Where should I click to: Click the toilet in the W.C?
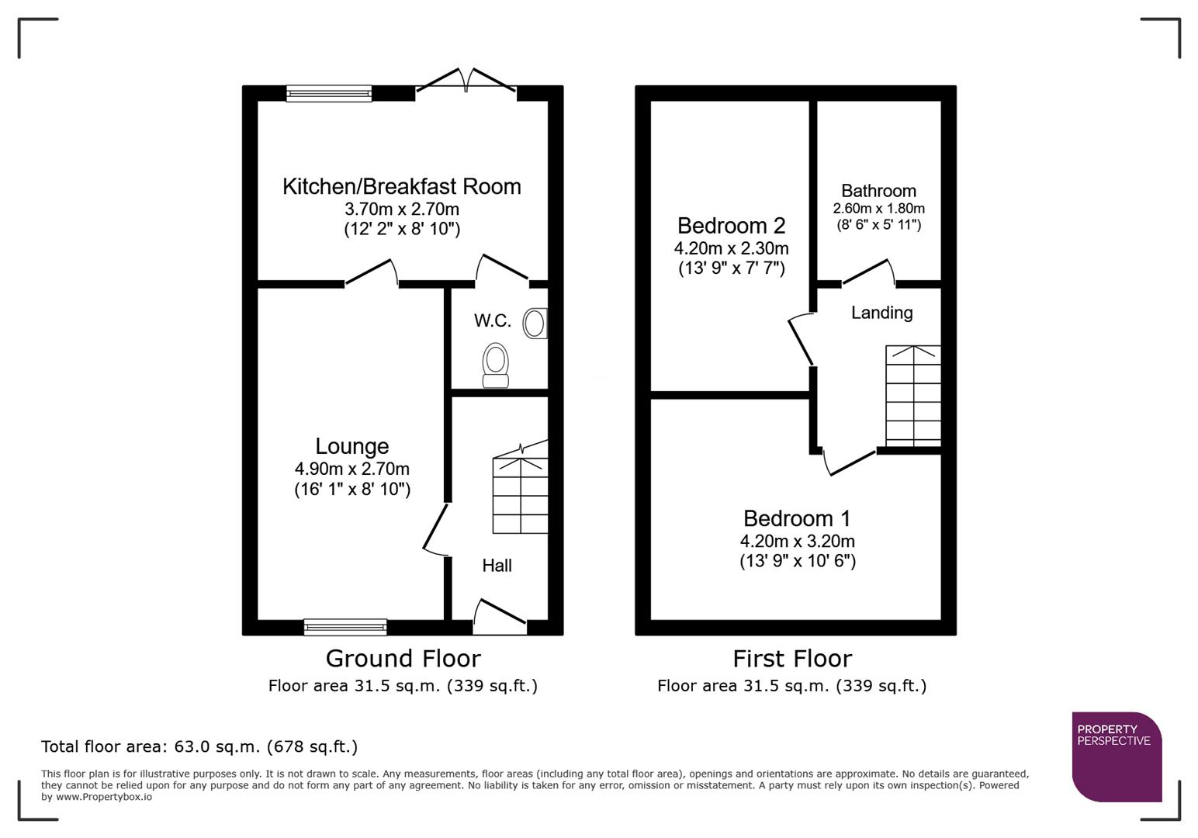[x=496, y=365]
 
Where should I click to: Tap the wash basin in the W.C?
[x=535, y=324]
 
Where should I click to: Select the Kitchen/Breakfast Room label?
[x=401, y=186]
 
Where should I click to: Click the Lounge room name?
[x=351, y=446]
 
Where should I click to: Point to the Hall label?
[x=497, y=566]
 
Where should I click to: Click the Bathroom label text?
[x=878, y=191]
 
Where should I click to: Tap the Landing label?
[x=881, y=313]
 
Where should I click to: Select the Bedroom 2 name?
[x=731, y=226]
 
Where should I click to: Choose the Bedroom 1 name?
[x=797, y=518]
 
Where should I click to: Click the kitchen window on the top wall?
[x=329, y=94]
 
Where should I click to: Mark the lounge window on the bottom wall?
[x=345, y=627]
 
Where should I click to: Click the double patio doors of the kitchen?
[x=466, y=81]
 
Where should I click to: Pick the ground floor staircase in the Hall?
[x=520, y=493]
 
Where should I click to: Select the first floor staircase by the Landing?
[x=913, y=396]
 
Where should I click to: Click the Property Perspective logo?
[x=1117, y=757]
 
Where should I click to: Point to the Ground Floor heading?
[x=403, y=659]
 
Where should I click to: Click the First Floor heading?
[x=792, y=659]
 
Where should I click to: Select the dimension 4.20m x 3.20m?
[x=797, y=541]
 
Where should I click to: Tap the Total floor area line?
[x=199, y=746]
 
